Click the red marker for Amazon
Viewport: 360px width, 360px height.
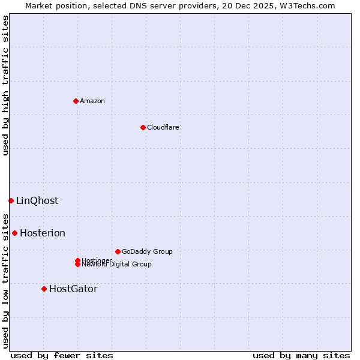pos(76,101)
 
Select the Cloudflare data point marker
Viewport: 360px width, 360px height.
pos(143,127)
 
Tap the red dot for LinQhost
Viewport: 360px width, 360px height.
pos(11,200)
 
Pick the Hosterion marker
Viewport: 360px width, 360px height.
pos(14,233)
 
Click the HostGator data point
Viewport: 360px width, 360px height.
pos(44,289)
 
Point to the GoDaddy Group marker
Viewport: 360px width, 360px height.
pos(118,251)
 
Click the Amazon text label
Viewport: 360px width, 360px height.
pos(92,101)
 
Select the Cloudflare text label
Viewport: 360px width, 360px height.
pos(163,127)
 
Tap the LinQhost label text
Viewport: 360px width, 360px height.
pos(37,200)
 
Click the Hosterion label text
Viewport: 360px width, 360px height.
pos(43,233)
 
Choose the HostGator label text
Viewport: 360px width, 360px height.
pos(73,289)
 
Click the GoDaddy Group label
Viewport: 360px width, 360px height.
pos(147,251)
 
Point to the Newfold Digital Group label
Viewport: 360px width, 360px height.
pos(117,265)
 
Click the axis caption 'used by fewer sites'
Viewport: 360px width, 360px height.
pos(62,355)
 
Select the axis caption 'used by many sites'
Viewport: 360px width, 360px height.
pos(301,355)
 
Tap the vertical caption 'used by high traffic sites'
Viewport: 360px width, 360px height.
pos(5,85)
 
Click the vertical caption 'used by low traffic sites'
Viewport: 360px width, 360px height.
pos(5,281)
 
